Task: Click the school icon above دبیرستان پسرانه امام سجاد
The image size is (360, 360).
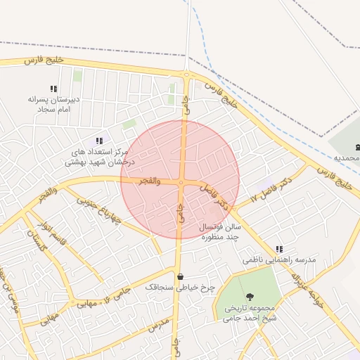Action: [x=53, y=89]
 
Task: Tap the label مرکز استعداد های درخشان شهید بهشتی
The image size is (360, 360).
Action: [x=98, y=156]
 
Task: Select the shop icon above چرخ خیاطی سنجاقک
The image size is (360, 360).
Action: [x=181, y=276]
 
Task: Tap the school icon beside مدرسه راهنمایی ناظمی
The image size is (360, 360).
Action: [x=279, y=249]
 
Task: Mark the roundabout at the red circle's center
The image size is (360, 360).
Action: [x=181, y=183]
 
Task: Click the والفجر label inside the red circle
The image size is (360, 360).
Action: [x=150, y=181]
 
